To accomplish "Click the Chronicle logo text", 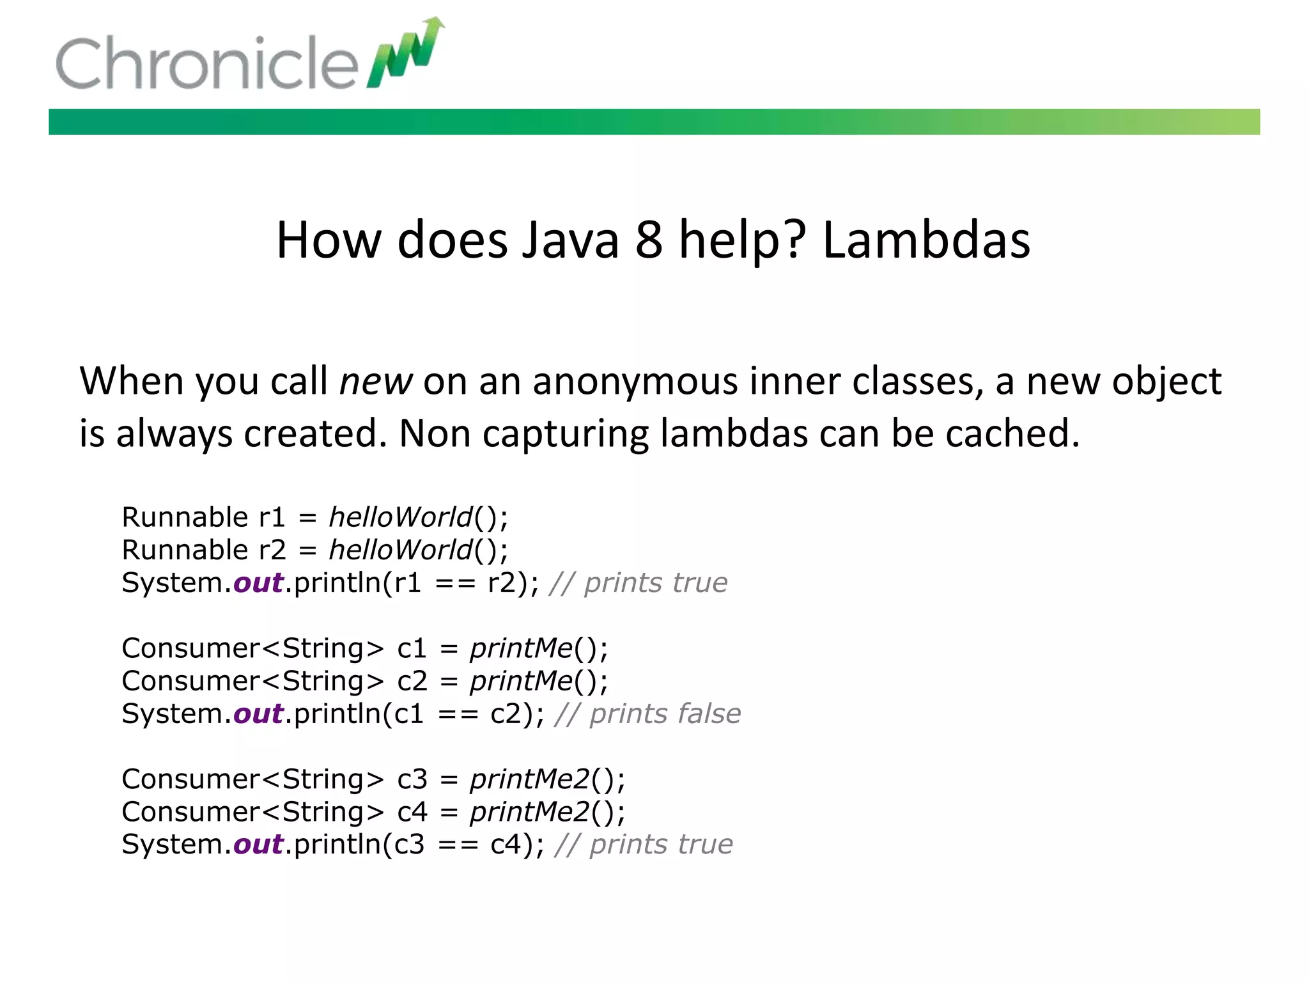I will click(x=206, y=63).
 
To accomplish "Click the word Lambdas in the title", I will click(x=926, y=240).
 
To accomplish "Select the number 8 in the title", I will click(x=648, y=240).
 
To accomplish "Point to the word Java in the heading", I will click(x=570, y=240).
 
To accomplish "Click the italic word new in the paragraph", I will click(x=376, y=382).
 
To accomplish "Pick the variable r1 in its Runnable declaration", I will click(x=272, y=517).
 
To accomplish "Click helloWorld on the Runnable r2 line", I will click(x=401, y=550).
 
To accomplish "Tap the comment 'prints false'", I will click(x=665, y=713).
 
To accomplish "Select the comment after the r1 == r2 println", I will click(x=639, y=583).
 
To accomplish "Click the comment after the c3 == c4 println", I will click(x=644, y=845).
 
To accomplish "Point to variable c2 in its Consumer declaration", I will click(x=412, y=681).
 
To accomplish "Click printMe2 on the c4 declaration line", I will click(x=530, y=812).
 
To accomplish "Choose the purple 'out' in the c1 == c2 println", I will click(x=258, y=713).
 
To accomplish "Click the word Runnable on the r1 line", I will click(x=185, y=517).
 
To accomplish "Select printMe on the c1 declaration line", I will click(x=522, y=648).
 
